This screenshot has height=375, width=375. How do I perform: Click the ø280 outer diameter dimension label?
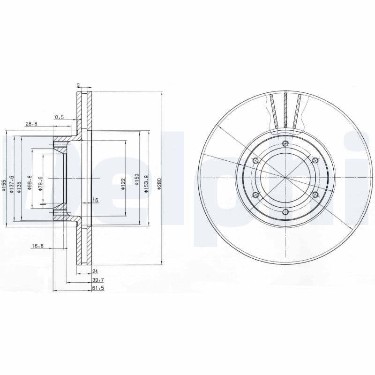[160, 184]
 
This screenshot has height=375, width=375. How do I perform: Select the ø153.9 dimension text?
[146, 184]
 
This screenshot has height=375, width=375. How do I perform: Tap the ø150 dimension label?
[136, 180]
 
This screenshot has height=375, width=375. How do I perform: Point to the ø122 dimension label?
[123, 184]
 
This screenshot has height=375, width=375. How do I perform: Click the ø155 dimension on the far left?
[3, 185]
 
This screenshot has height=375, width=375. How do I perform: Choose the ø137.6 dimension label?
[12, 184]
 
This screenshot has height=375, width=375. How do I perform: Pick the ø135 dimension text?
[19, 187]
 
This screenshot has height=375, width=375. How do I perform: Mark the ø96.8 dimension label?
[30, 182]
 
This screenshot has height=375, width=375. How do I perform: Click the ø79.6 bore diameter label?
[41, 184]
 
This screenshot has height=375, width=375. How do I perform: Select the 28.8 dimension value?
[31, 124]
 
